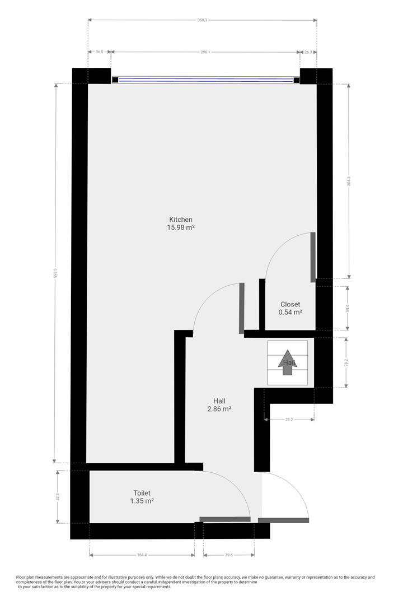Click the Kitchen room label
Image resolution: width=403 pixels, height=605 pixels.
(x=181, y=220)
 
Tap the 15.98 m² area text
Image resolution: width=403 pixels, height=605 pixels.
(x=181, y=227)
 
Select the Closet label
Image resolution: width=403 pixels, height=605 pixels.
(x=290, y=305)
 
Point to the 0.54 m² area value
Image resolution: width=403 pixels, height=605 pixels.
(x=290, y=313)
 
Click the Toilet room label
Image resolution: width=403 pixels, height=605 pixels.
(x=142, y=493)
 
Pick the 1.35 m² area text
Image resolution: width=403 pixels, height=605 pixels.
(x=142, y=501)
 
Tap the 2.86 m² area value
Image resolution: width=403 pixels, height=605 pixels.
(x=219, y=409)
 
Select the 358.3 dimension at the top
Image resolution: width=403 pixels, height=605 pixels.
(x=202, y=20)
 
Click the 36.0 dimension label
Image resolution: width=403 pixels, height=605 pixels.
(x=99, y=52)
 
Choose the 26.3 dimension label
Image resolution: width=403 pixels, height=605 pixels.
(x=308, y=52)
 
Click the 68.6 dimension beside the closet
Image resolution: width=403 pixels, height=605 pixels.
(x=348, y=308)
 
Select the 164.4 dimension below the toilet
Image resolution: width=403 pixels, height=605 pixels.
(x=142, y=555)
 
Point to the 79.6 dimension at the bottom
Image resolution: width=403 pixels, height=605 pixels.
(x=228, y=555)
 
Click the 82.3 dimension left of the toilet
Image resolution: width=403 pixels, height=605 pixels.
(x=58, y=497)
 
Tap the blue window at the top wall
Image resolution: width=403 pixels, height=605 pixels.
(x=205, y=80)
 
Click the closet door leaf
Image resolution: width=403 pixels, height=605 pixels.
(x=313, y=257)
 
